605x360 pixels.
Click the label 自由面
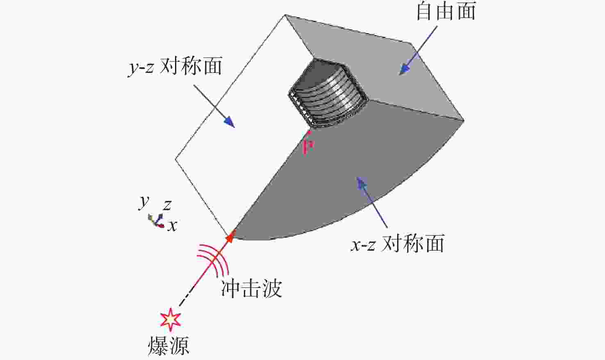click(446, 12)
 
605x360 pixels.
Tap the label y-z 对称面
click(175, 66)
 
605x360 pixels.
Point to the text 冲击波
click(251, 288)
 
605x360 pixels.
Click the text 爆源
click(169, 346)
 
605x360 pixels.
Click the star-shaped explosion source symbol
click(170, 320)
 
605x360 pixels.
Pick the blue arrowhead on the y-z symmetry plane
click(229, 122)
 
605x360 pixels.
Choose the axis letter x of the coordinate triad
click(172, 225)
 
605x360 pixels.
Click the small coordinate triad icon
click(156, 220)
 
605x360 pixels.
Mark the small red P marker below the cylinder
click(308, 144)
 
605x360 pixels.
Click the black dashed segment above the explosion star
click(186, 297)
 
